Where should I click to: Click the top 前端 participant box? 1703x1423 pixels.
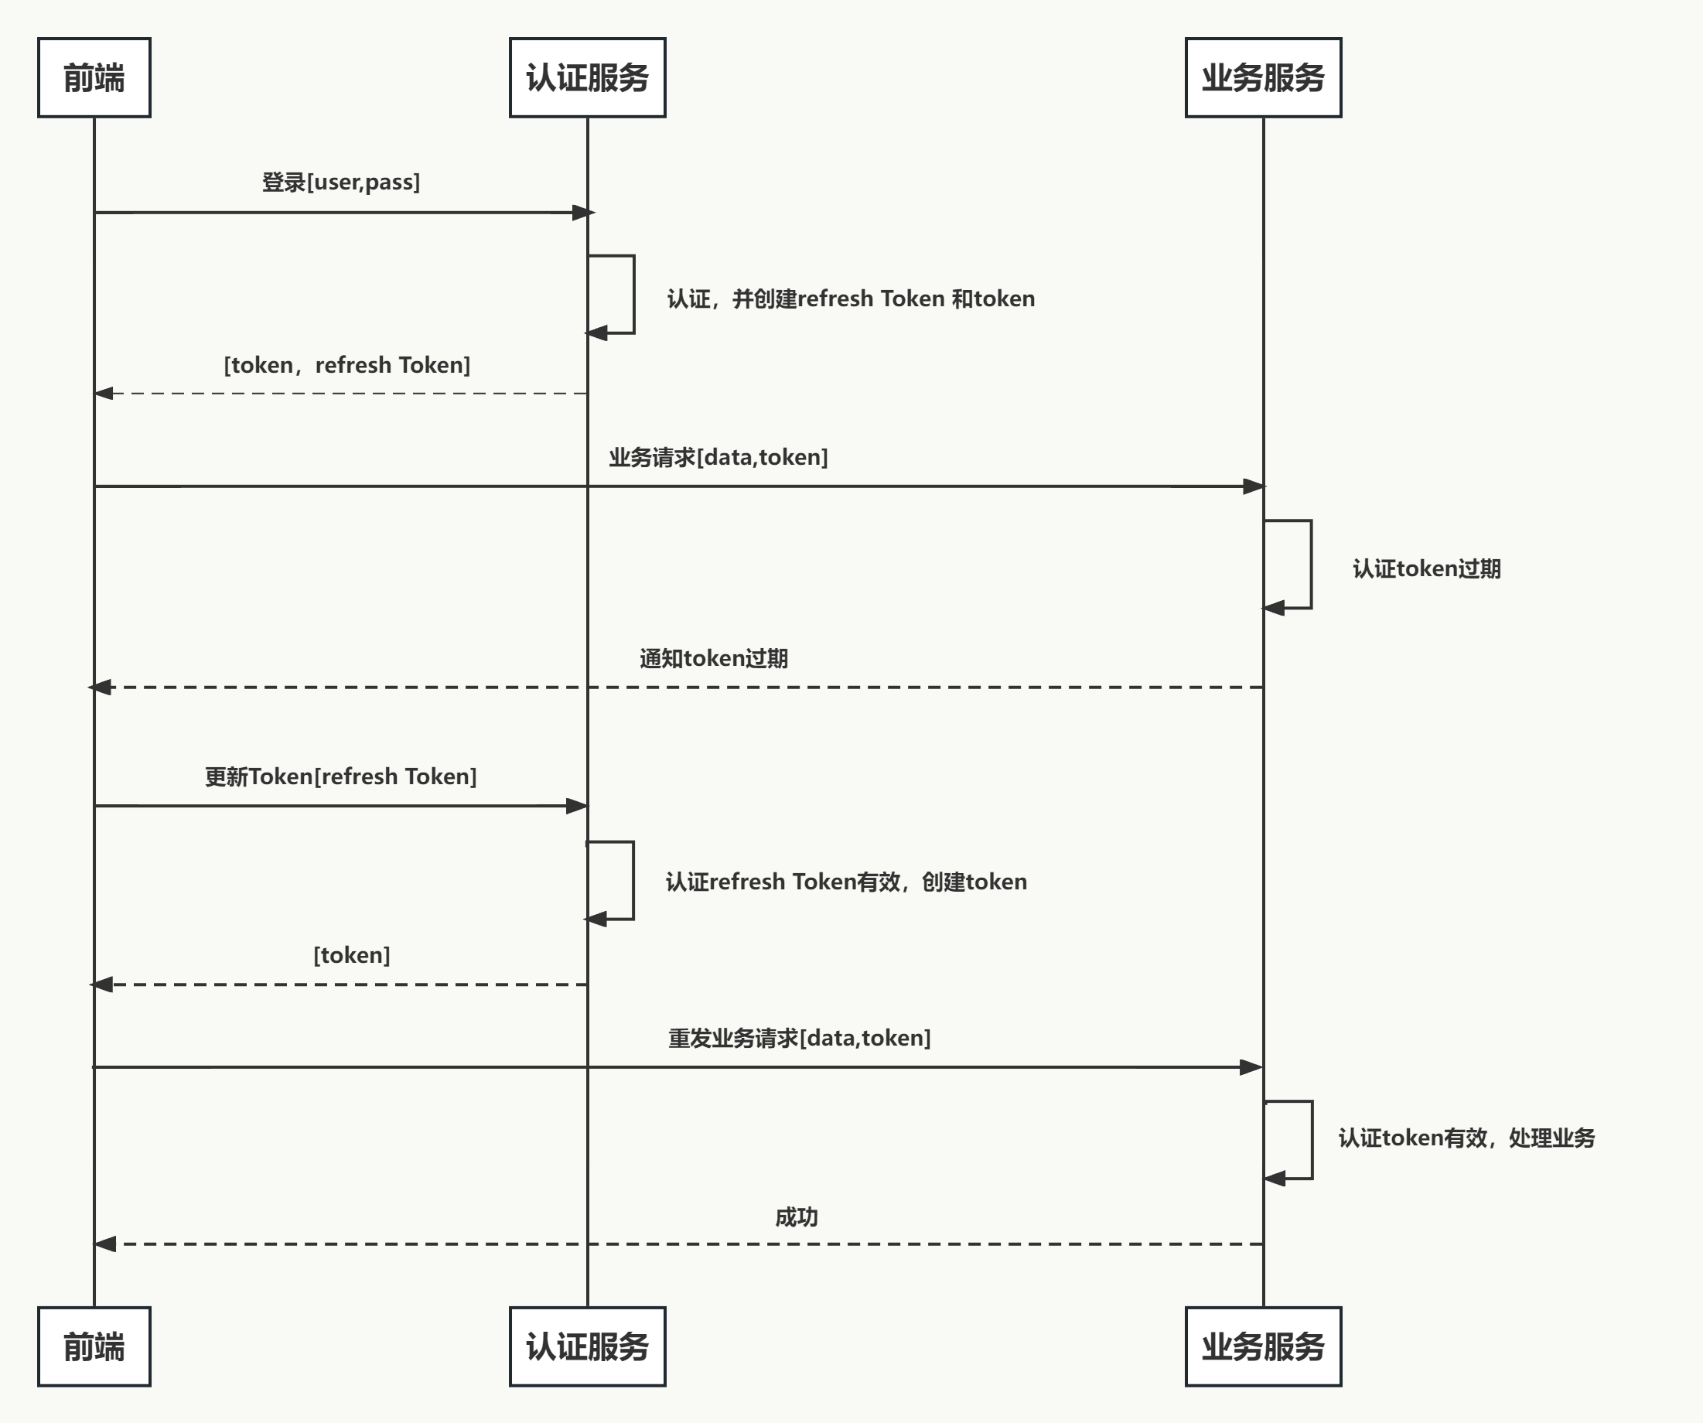(x=94, y=78)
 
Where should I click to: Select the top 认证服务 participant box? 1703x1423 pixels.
(x=587, y=78)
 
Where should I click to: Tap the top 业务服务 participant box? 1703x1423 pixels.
(x=1263, y=78)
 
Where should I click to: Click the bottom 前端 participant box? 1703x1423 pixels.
(x=94, y=1346)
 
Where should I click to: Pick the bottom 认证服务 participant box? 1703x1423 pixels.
(x=587, y=1346)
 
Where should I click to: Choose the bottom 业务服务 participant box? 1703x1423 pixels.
(x=1263, y=1346)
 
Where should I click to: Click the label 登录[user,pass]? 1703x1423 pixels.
(x=340, y=182)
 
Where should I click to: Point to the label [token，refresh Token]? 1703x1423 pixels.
(x=347, y=365)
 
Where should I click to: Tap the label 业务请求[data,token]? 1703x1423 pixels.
(x=718, y=457)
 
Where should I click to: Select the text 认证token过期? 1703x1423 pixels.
(x=1426, y=568)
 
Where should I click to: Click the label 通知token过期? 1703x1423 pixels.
(x=714, y=658)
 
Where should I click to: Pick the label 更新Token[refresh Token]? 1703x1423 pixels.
(x=340, y=776)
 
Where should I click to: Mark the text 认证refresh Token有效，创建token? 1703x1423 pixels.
(x=847, y=882)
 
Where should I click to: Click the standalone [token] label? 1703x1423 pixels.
(x=352, y=955)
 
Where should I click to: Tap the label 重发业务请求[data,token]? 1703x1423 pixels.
(x=800, y=1038)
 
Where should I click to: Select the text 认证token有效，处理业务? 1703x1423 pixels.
(x=1466, y=1138)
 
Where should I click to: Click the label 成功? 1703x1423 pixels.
(x=797, y=1217)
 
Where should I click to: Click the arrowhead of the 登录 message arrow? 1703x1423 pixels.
(x=584, y=213)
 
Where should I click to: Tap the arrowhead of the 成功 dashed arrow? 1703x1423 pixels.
(x=105, y=1244)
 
